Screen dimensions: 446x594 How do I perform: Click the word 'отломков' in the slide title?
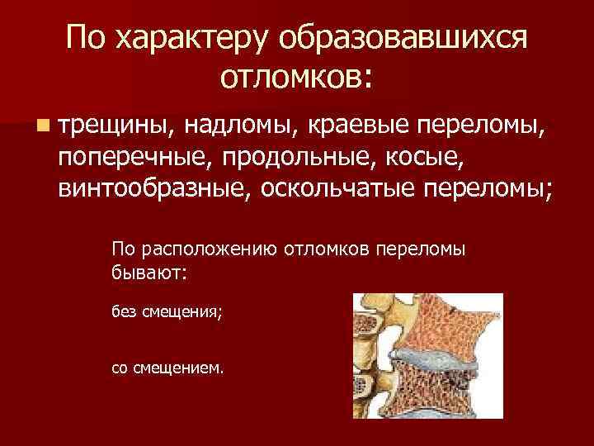(297, 77)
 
